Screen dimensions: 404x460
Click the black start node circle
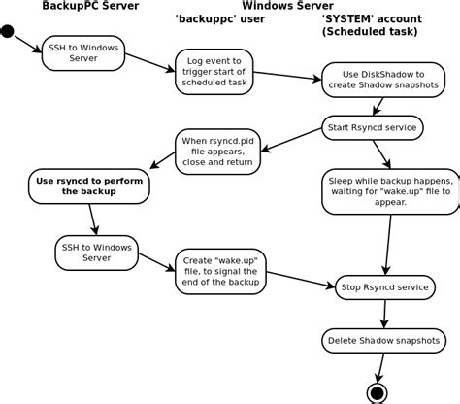click(x=7, y=32)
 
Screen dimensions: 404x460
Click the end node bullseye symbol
click(x=378, y=392)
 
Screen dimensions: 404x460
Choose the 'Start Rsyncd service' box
click(x=373, y=127)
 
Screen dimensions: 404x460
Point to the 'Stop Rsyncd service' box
click(x=381, y=286)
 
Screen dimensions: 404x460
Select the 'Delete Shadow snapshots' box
click(x=382, y=341)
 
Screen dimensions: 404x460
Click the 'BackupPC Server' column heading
click(x=89, y=6)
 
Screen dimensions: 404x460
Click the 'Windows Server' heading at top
click(x=280, y=6)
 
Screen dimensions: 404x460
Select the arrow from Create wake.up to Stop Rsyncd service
click(x=296, y=279)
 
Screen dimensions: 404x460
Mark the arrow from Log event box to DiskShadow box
click(x=288, y=75)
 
